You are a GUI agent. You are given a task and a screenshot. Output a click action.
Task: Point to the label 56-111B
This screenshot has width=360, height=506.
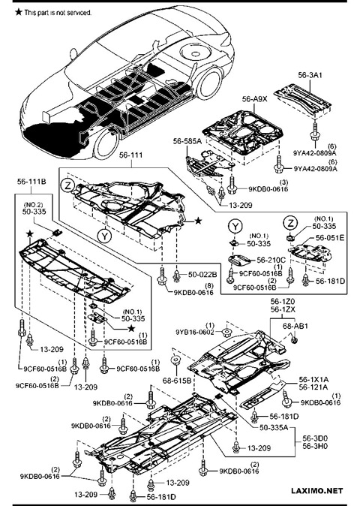31,182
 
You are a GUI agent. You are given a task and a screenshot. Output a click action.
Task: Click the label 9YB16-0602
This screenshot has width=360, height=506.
194,331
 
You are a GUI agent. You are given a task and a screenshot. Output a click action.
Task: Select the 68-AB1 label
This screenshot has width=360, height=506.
299,327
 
